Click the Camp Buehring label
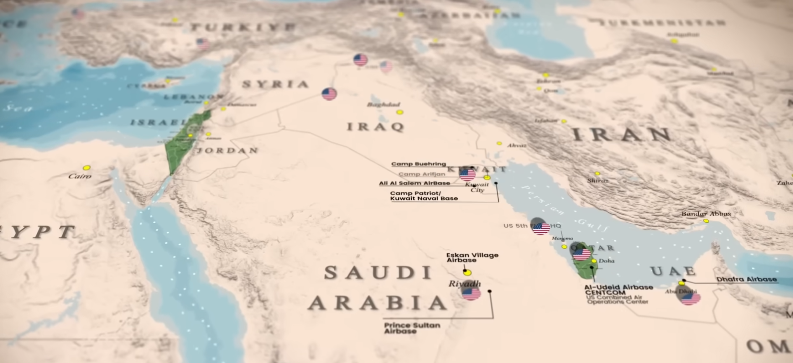[418, 164]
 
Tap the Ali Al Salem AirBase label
[415, 183]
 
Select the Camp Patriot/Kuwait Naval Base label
[424, 196]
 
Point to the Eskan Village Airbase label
[472, 257]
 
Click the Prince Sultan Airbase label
[412, 328]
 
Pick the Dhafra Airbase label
[746, 279]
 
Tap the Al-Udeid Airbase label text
[618, 287]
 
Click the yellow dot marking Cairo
[87, 168]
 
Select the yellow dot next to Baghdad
[399, 112]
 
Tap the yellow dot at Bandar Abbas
[706, 221]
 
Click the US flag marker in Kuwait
[467, 174]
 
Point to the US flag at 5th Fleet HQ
[541, 228]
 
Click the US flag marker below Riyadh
[471, 294]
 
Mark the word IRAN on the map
[622, 135]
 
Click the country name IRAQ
[375, 127]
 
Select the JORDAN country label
[227, 151]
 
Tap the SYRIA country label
[275, 84]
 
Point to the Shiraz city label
[597, 181]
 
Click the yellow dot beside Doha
[594, 261]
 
